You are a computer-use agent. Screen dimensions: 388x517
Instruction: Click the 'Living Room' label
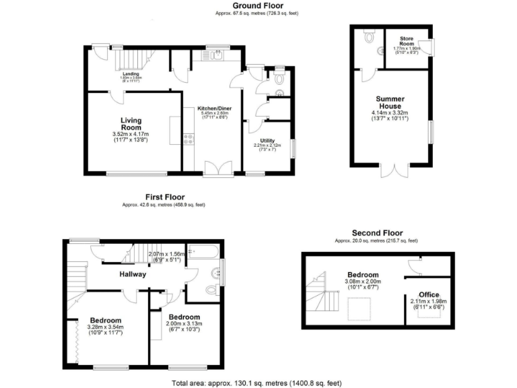[131, 123]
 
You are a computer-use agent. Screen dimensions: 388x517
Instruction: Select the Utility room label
[268, 141]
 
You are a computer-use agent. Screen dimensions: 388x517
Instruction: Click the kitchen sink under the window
[217, 56]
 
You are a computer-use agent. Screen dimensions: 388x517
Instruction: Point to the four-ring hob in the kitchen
[189, 139]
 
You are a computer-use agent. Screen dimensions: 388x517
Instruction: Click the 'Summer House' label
[390, 102]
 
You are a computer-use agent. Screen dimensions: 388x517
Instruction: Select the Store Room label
[407, 42]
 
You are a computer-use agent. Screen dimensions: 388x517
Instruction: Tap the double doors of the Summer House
[391, 171]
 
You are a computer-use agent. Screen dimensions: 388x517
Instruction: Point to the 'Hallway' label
[133, 274]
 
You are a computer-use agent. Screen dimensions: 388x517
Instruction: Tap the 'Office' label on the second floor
[429, 295]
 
